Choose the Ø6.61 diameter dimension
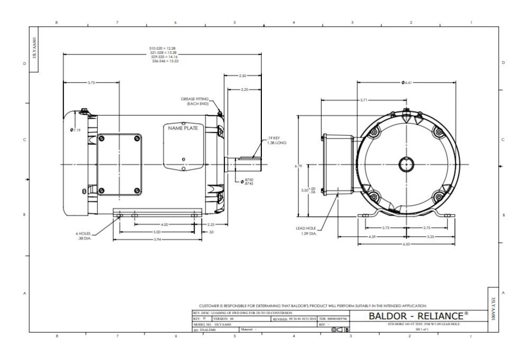click(x=407, y=82)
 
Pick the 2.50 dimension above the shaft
click(x=243, y=76)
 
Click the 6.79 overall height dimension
click(x=298, y=166)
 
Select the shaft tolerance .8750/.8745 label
click(x=246, y=181)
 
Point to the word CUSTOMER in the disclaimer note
click(x=209, y=306)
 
